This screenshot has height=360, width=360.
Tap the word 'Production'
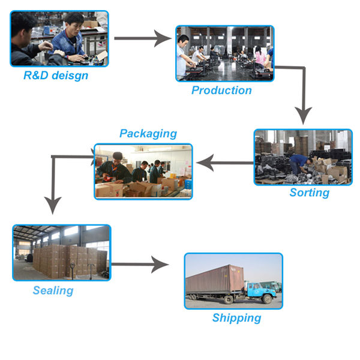[x=221, y=91]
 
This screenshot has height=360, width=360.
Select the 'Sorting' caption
[x=309, y=193]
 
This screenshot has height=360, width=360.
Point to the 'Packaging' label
[x=148, y=133]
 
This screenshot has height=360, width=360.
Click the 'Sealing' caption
[x=53, y=290]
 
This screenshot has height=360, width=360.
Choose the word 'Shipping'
[x=236, y=317]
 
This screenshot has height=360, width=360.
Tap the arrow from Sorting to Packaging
[x=225, y=161]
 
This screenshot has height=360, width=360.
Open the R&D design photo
[x=59, y=38]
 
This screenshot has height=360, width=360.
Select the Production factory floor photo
[x=224, y=53]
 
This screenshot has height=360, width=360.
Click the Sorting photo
[x=303, y=157]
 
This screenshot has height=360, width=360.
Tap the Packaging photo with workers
[x=143, y=171]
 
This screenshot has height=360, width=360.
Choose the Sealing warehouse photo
[x=61, y=253]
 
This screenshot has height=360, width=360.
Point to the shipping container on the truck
[x=215, y=279]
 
